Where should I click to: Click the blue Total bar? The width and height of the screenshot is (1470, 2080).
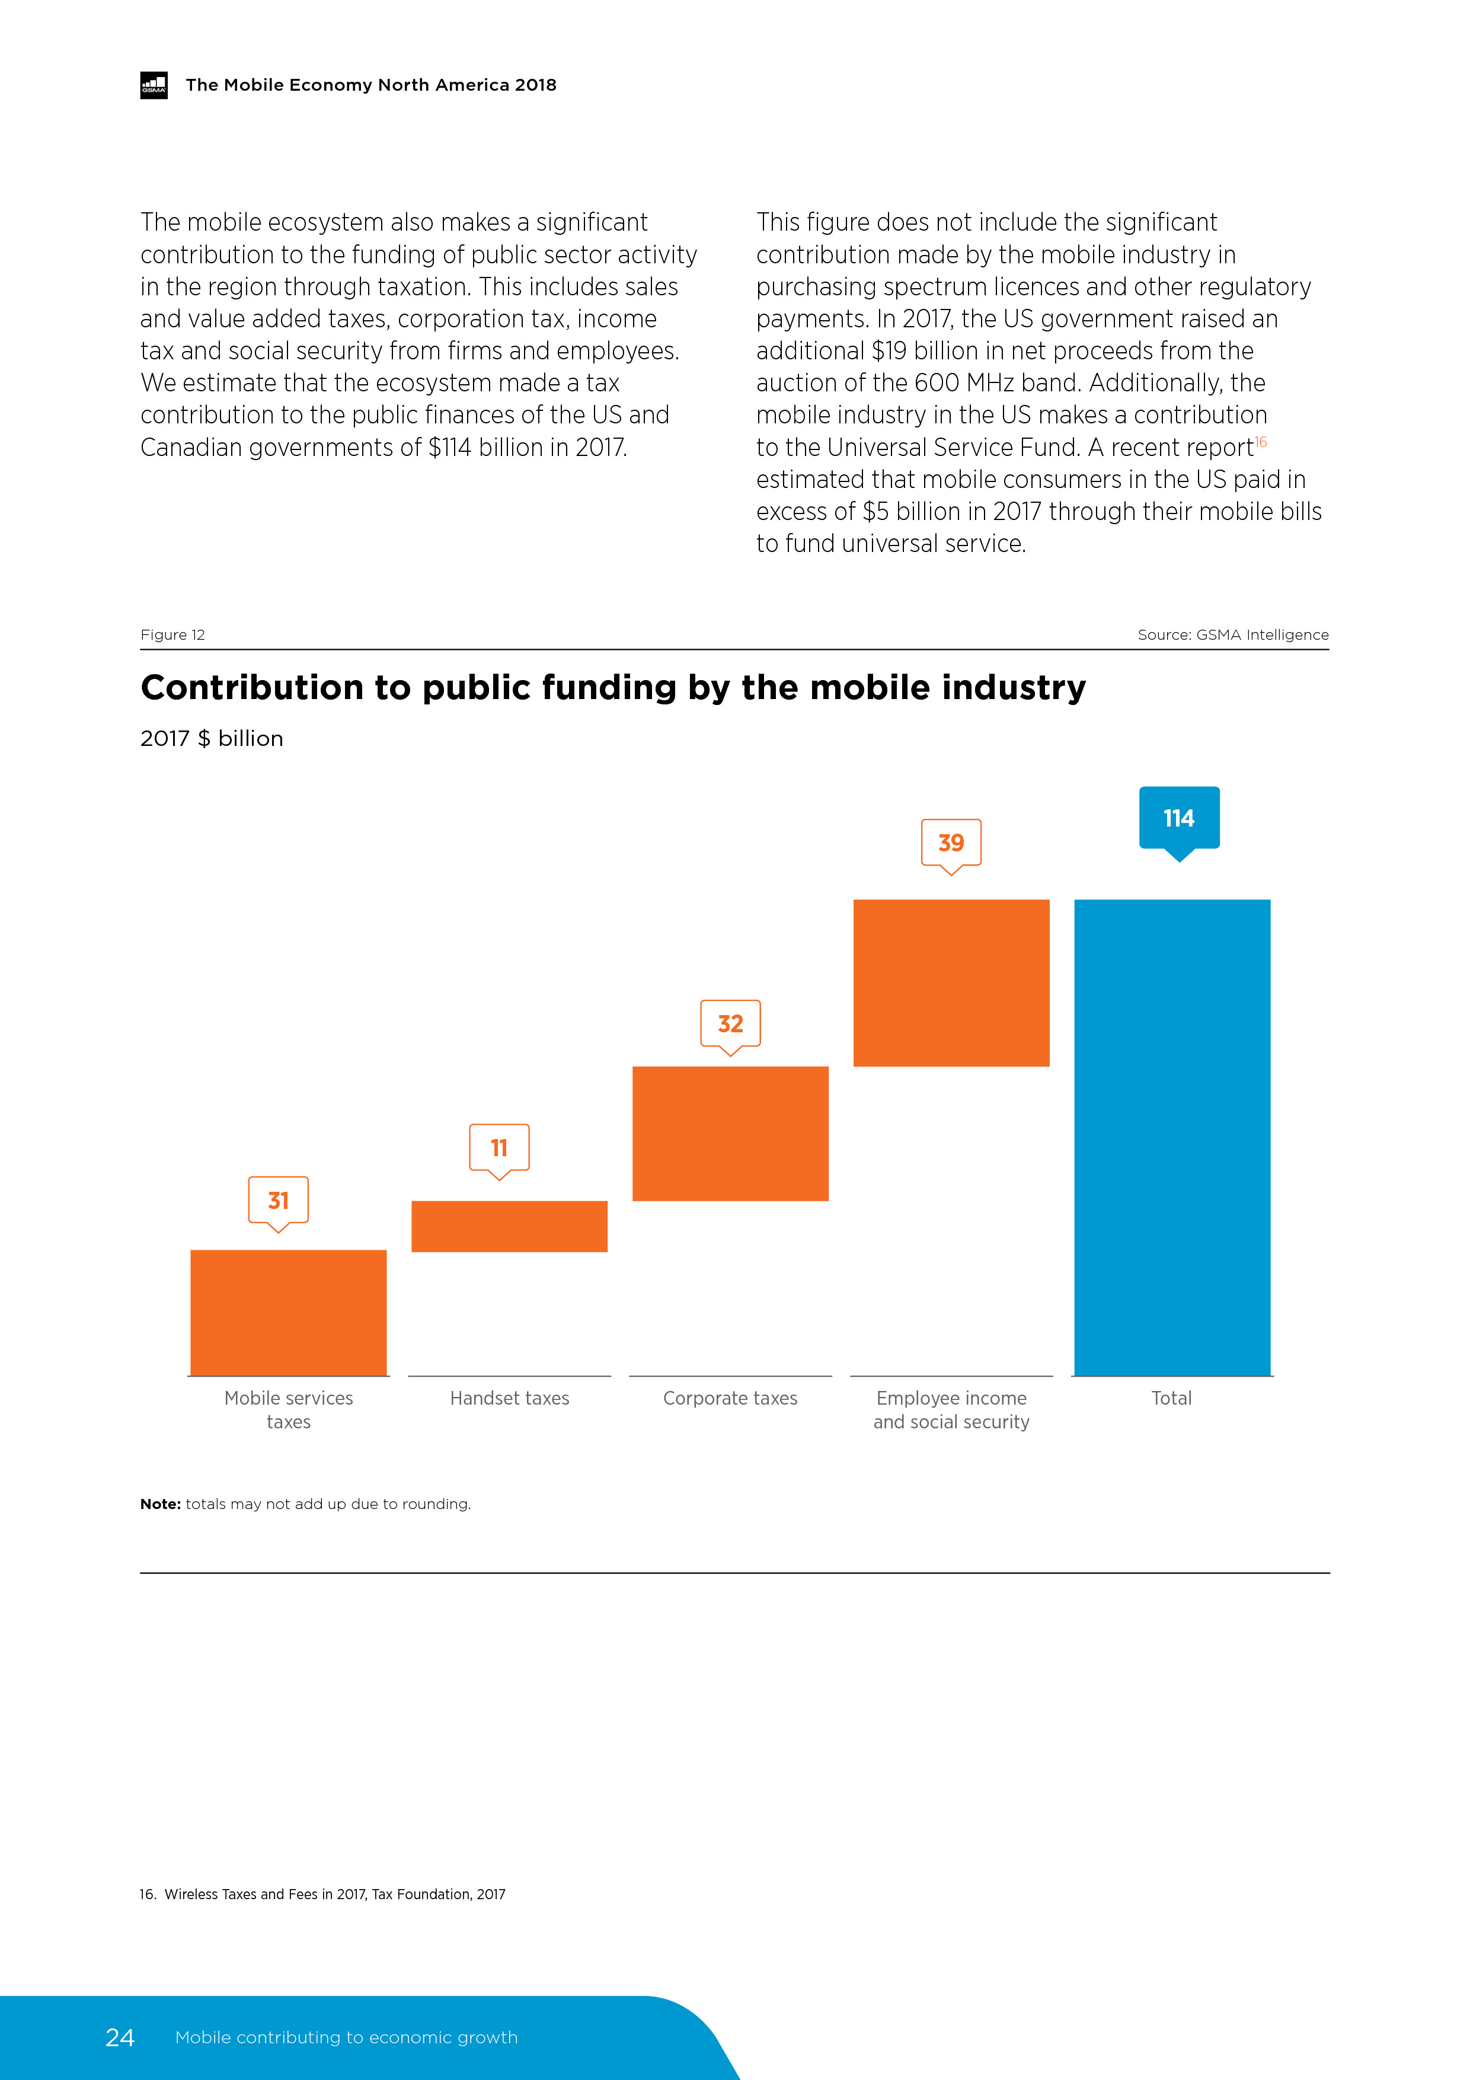(1172, 1137)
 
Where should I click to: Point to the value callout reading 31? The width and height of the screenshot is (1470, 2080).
(278, 1200)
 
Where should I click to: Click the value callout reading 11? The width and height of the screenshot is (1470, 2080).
(499, 1148)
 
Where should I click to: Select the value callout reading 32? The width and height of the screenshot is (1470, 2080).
(730, 1023)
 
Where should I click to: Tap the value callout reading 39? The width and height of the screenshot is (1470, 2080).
(951, 843)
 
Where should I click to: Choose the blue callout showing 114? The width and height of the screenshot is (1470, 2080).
(1178, 818)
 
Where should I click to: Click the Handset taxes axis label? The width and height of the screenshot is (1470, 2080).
(509, 1398)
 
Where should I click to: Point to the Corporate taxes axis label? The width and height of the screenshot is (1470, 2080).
(730, 1398)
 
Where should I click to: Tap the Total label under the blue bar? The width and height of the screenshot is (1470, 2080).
(1171, 1398)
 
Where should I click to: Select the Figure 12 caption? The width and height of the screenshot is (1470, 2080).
(172, 635)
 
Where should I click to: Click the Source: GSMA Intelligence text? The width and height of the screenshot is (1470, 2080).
(1233, 635)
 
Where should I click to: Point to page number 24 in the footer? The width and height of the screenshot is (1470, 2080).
(120, 2037)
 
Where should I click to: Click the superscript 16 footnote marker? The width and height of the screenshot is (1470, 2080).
(1261, 442)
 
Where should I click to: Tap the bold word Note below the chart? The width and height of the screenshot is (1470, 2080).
(160, 1504)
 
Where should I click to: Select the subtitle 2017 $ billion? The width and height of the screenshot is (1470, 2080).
(211, 738)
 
